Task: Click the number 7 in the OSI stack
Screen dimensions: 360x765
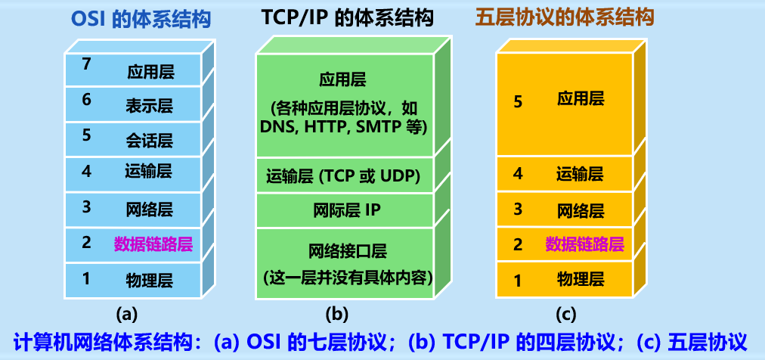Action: pos(87,65)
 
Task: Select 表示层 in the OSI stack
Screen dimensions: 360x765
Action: pos(150,107)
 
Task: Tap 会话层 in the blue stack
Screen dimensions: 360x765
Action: pos(150,140)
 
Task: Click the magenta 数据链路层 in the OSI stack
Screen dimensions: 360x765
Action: pos(153,244)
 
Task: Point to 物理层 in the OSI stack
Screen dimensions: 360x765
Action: pos(150,280)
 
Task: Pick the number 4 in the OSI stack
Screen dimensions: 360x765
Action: pos(86,171)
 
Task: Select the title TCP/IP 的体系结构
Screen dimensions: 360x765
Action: pos(348,17)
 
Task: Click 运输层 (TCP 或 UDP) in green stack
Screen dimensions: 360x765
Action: pos(343,176)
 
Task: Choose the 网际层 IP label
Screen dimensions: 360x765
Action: pos(346,210)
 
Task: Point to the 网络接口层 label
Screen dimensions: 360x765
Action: pos(348,250)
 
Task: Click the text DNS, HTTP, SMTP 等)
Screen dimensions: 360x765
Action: pos(344,126)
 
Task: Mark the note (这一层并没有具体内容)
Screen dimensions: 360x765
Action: pos(348,276)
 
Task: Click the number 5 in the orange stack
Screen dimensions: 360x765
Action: pos(518,101)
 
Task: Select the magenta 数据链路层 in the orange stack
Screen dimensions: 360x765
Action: pos(584,244)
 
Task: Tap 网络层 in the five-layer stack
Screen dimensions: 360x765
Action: pos(581,209)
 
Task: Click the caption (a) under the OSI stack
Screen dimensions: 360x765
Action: pos(126,312)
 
